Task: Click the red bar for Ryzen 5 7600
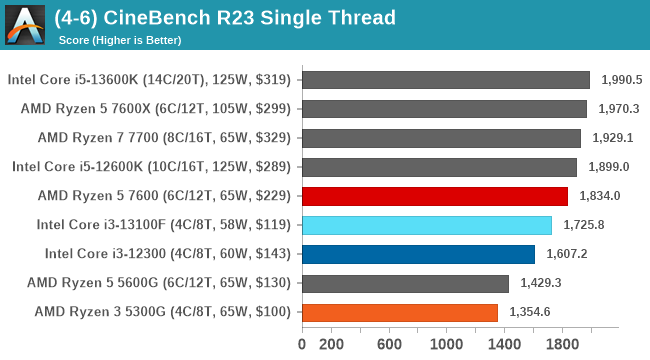pyautogui.click(x=434, y=196)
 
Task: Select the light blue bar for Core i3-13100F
pyautogui.click(x=426, y=225)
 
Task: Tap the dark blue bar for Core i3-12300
pyautogui.click(x=417, y=254)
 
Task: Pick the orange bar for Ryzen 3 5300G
pyautogui.click(x=399, y=312)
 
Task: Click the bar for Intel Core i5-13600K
pyautogui.click(x=445, y=80)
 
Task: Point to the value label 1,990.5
pyautogui.click(x=622, y=80)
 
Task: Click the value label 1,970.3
pyautogui.click(x=619, y=109)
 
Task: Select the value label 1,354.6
pyautogui.click(x=530, y=312)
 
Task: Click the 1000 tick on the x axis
pyautogui.click(x=447, y=344)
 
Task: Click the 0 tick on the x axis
pyautogui.click(x=302, y=344)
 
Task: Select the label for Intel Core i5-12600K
pyautogui.click(x=150, y=167)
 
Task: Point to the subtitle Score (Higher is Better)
pyautogui.click(x=121, y=40)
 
